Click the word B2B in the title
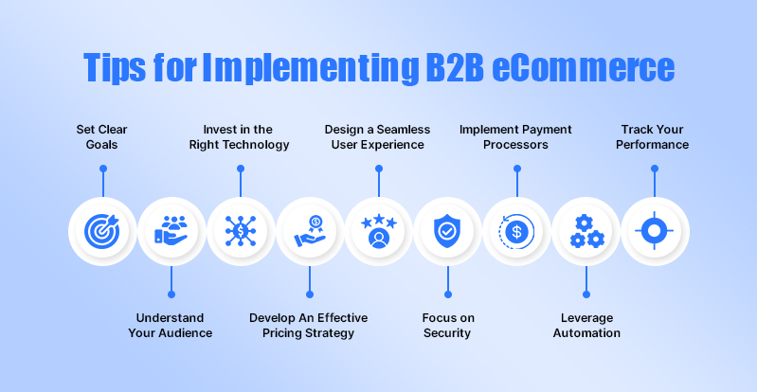[455, 67]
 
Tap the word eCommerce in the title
[584, 67]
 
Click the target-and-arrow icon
[101, 231]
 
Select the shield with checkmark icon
[447, 231]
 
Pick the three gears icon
[586, 231]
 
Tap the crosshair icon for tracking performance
[654, 231]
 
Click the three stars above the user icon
[379, 222]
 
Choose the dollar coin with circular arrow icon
[516, 231]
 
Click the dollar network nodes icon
[241, 231]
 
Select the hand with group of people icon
[171, 230]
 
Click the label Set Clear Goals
[102, 137]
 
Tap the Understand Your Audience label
[170, 326]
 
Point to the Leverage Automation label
[586, 326]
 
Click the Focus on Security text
[447, 326]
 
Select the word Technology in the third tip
[260, 145]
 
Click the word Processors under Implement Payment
[515, 145]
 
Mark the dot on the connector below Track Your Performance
[654, 169]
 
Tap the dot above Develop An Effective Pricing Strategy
[310, 294]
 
